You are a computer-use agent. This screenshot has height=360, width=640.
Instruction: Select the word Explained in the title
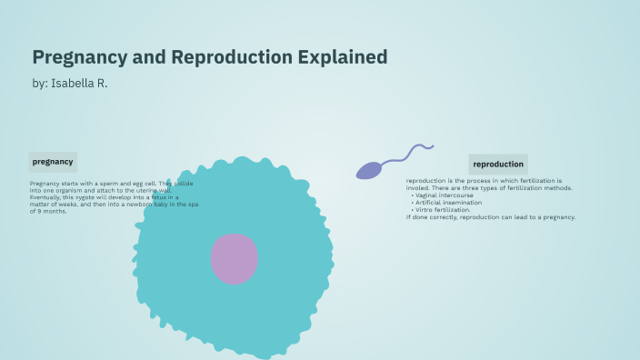[x=344, y=57]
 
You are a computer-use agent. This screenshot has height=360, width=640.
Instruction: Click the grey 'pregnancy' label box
[x=53, y=162]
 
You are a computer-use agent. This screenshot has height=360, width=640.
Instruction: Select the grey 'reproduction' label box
[x=498, y=165]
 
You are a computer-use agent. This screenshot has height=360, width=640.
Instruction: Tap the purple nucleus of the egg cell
[x=234, y=259]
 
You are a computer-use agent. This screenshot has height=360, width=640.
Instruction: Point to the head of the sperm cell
[x=368, y=170]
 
